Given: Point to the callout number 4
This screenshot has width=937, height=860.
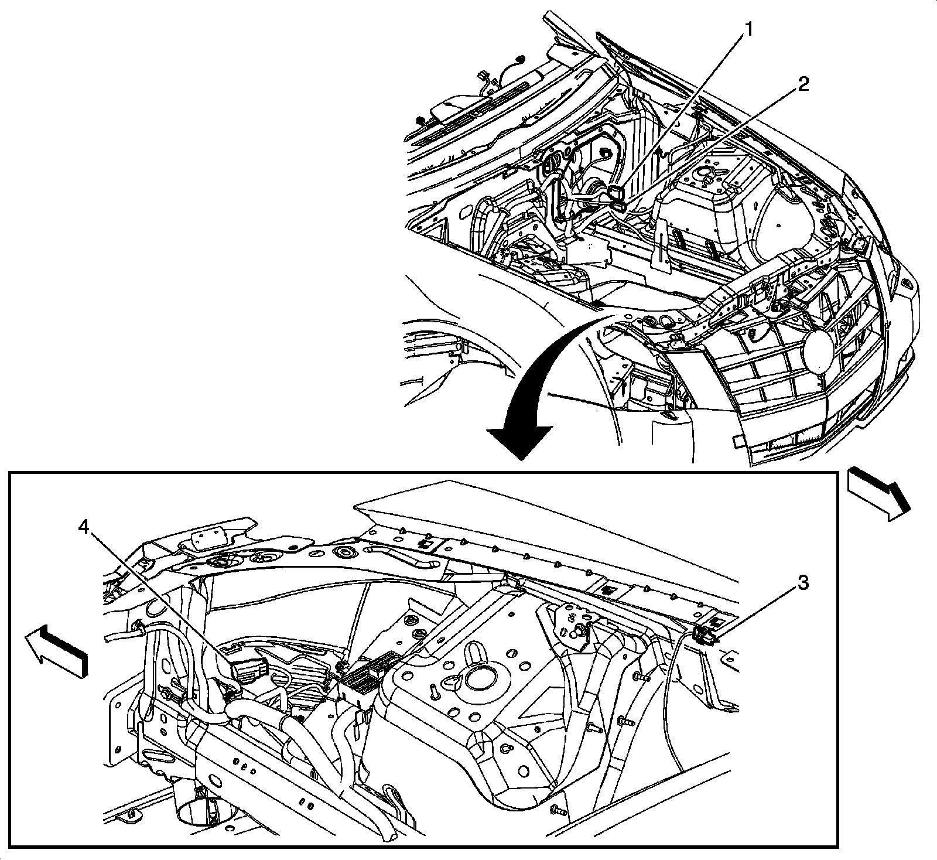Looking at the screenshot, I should [85, 527].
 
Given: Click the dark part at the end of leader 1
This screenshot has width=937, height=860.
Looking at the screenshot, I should [615, 193].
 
